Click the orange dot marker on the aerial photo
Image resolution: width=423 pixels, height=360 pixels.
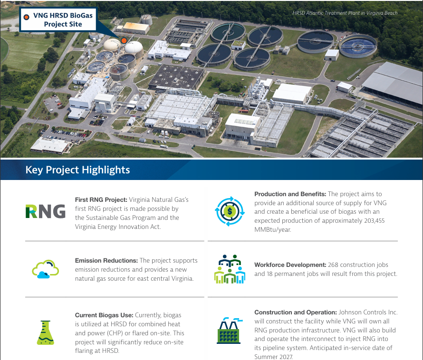[x=124, y=41]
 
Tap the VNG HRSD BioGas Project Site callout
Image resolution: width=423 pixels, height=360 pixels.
[x=58, y=19]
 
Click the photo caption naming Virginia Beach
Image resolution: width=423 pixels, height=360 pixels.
[x=345, y=13]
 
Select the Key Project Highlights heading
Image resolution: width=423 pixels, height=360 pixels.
[x=77, y=170]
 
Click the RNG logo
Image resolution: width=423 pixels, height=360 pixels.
[x=45, y=210]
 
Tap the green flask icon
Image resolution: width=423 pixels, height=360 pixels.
[x=45, y=331]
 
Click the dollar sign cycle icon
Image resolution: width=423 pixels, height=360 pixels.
[x=230, y=210]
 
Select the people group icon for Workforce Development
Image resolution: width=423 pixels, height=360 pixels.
[x=230, y=269]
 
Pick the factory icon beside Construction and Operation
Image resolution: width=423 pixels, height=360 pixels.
[x=230, y=330]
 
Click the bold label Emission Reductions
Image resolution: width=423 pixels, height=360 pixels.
[x=106, y=260]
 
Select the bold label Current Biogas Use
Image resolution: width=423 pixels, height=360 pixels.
[x=105, y=315]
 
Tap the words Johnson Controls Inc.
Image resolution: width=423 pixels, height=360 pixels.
[x=367, y=312]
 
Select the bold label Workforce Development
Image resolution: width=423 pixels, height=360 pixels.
[x=290, y=265]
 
